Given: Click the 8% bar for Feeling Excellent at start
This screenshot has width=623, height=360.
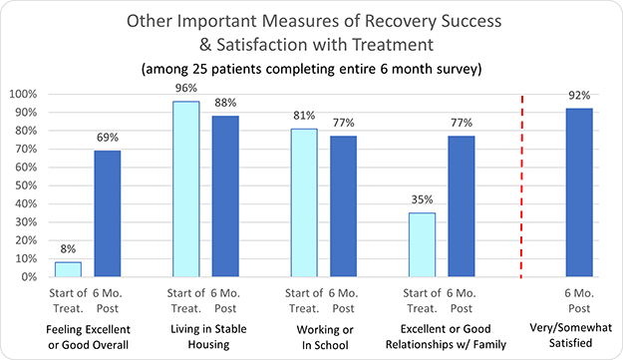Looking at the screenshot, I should (68, 269).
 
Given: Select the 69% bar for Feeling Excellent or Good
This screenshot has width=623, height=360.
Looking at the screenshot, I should (107, 213).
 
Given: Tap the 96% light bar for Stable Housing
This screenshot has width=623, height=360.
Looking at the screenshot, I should (185, 188).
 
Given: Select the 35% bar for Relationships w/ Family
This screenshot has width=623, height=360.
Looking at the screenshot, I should (421, 244).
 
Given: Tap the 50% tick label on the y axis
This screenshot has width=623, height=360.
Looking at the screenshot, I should (25, 185).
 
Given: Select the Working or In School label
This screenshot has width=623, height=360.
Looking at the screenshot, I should (323, 337).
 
